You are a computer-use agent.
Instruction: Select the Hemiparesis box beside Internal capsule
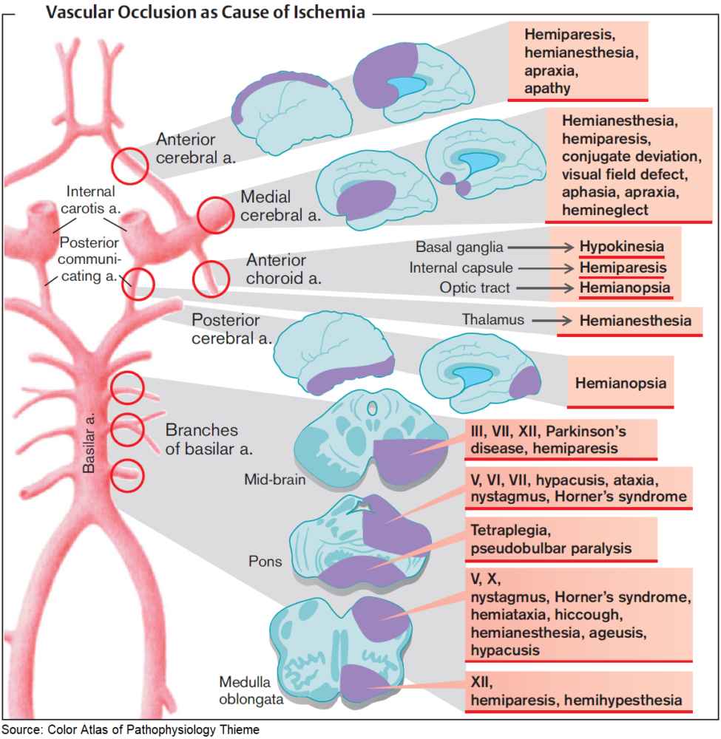click(x=623, y=268)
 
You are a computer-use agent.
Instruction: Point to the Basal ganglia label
click(x=459, y=247)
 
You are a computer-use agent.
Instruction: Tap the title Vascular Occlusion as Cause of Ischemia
click(x=205, y=13)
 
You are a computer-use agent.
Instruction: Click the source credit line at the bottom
click(x=130, y=730)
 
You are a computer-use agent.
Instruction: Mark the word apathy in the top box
click(x=547, y=87)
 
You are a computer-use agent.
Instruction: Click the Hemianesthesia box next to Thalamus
click(x=635, y=321)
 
